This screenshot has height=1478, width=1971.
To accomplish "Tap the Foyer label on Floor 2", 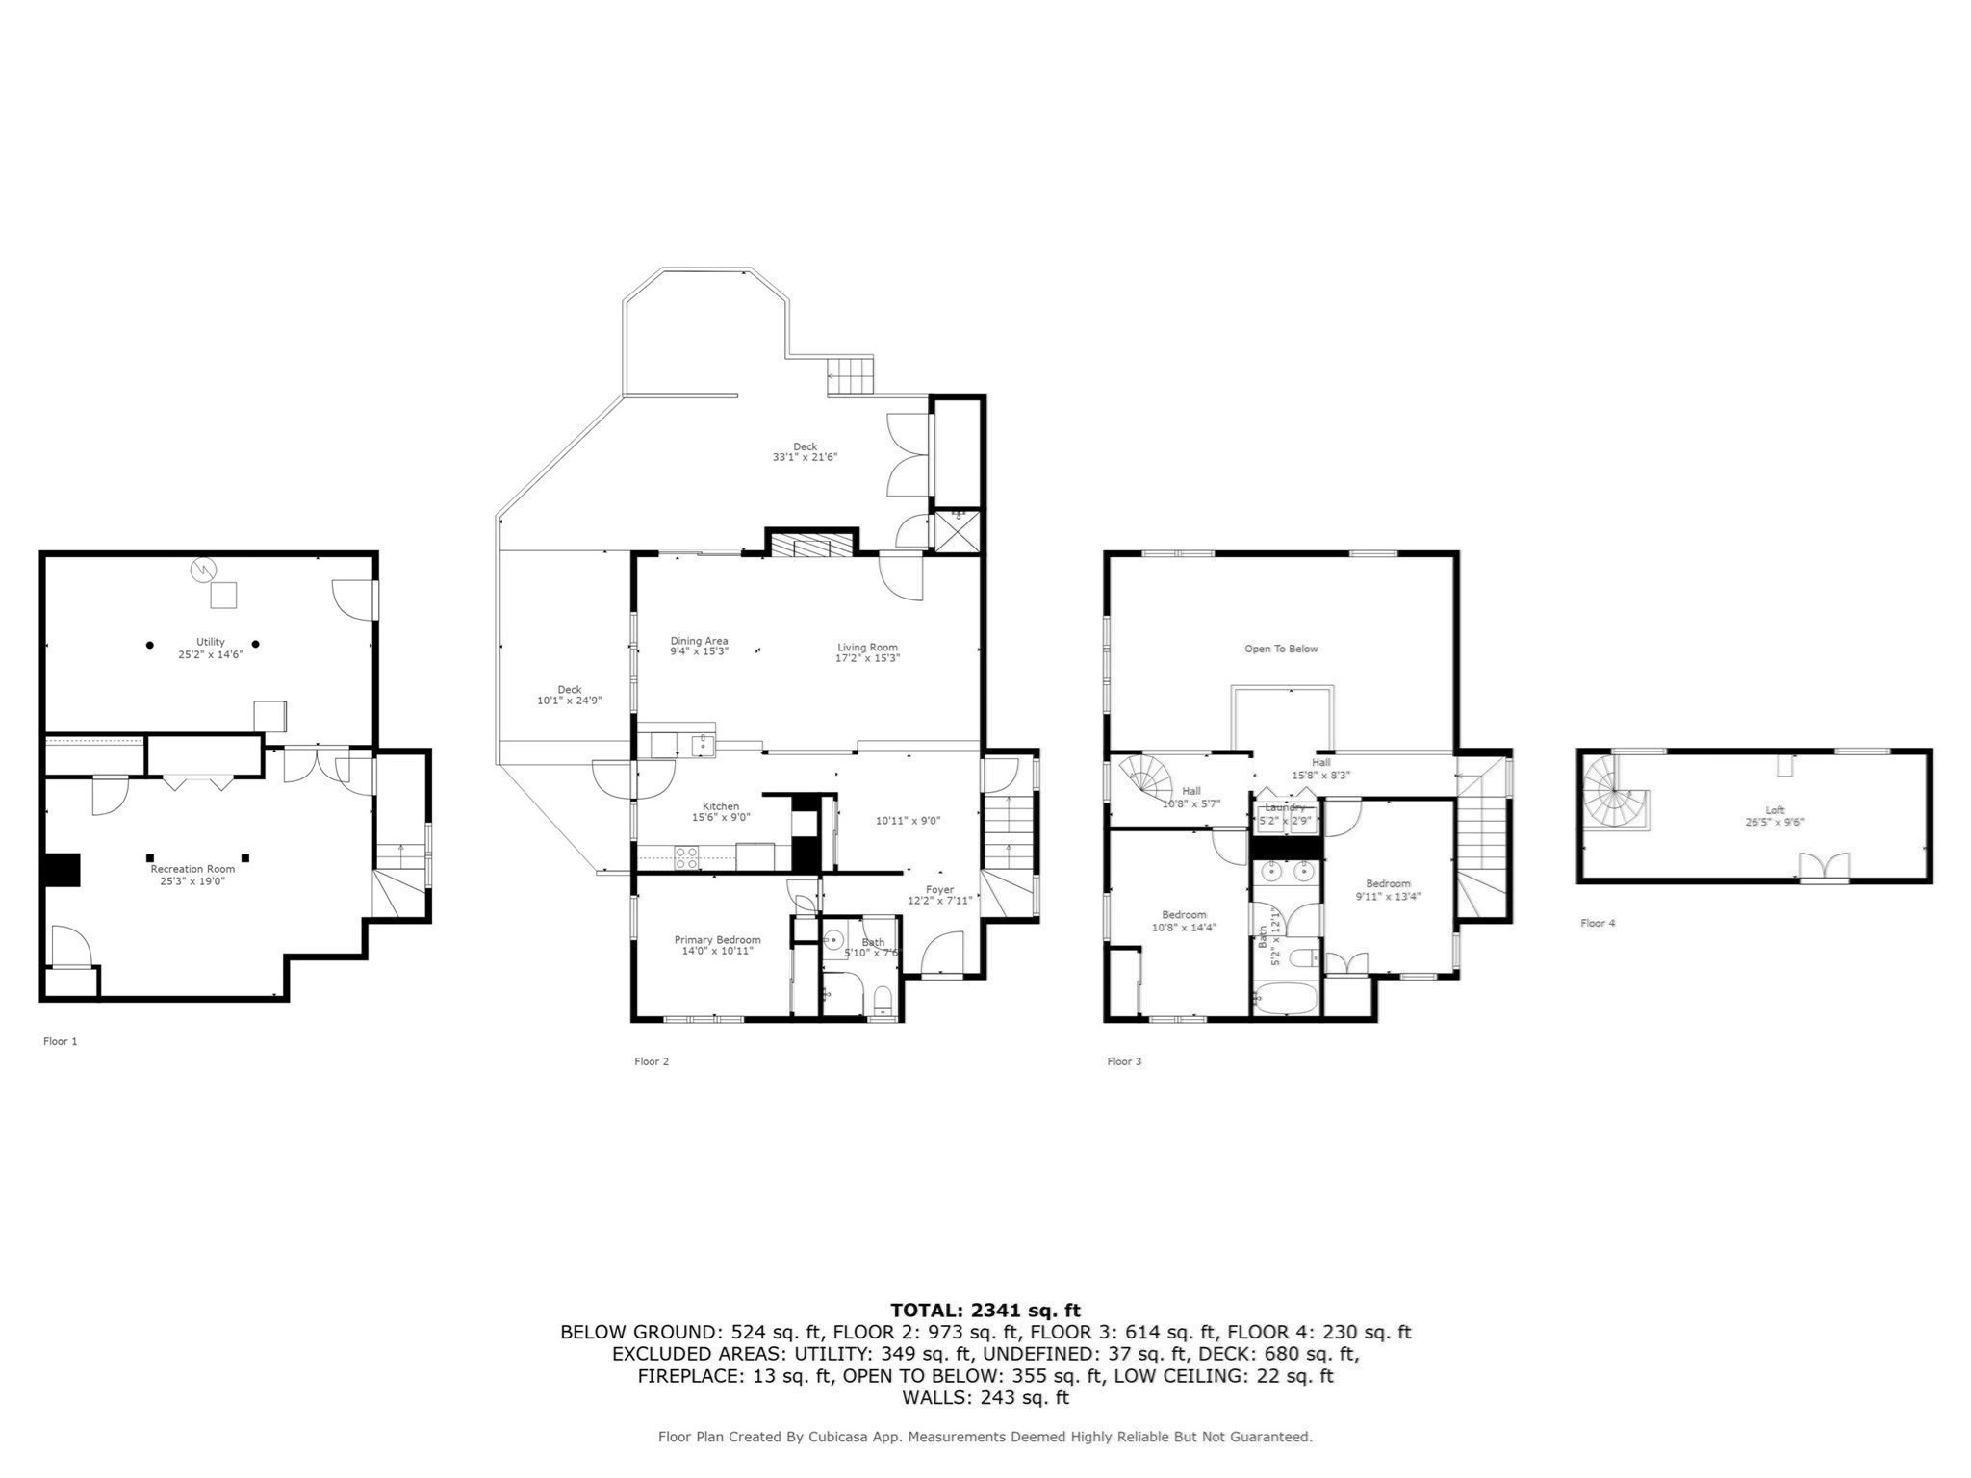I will pos(939,890).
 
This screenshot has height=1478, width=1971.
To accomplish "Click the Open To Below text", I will pos(1281,649).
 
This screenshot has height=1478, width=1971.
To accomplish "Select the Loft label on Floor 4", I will pos(1774,810).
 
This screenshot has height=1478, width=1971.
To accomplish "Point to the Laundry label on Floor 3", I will pos(1285,808).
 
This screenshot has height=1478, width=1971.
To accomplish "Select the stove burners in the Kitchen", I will pos(686,857).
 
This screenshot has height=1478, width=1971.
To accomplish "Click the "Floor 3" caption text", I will pos(1124,1061).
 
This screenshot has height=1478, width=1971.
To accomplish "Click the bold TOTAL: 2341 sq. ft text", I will pos(985,1310).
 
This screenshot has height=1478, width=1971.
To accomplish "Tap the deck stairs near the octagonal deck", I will pos(851,374).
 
